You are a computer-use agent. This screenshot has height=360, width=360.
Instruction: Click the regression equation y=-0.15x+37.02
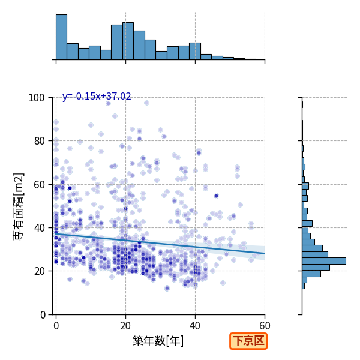coord(97,96)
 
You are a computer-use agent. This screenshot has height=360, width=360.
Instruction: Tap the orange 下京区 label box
coord(248,341)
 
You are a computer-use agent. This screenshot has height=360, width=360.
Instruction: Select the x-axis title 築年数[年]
coord(158,341)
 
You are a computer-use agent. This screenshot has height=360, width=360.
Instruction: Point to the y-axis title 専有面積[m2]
coord(19,206)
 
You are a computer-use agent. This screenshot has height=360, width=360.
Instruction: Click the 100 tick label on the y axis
coord(36,98)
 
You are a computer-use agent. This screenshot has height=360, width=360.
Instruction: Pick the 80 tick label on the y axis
coord(39,141)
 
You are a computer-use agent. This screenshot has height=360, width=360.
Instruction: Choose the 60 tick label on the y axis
coord(39,185)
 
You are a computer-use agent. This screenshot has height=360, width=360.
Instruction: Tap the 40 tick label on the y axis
coord(39,228)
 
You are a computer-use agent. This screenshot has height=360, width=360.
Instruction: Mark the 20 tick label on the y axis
coord(39,271)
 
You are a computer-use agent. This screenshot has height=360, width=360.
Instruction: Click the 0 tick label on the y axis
coord(43,315)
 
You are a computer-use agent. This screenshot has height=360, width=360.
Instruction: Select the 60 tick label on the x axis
coord(265,326)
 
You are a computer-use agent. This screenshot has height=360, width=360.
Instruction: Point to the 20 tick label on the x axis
coord(125,326)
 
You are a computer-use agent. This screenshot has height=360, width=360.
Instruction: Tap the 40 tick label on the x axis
coord(195,326)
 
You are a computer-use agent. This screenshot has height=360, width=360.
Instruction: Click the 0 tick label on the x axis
coord(56,326)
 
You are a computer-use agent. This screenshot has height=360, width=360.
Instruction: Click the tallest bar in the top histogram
coord(62,37)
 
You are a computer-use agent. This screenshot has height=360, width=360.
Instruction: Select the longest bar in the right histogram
coord(324,261)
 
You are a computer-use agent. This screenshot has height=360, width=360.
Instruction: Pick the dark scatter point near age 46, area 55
coord(216,196)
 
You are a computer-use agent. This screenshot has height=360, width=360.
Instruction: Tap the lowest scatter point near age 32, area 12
coord(167,289)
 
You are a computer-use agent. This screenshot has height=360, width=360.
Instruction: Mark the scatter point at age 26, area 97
coord(146,103)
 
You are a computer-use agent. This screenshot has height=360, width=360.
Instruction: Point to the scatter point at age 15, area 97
coord(108,104)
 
